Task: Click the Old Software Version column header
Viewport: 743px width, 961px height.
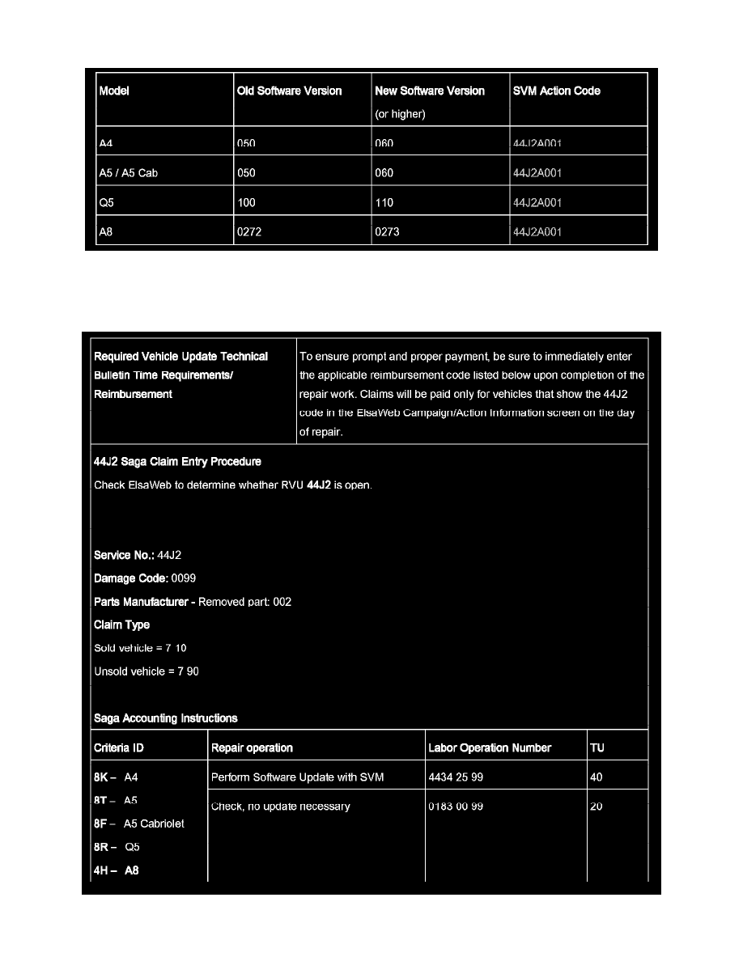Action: tap(289, 91)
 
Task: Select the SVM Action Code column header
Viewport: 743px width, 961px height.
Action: tap(556, 91)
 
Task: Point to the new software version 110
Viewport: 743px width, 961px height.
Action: tap(384, 203)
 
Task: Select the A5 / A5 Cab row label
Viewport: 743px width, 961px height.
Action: tap(128, 173)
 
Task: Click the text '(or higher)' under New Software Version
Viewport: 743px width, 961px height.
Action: tap(400, 114)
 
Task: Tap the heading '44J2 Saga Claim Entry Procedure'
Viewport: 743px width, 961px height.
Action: tap(177, 462)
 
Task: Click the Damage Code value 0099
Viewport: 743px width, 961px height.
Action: tap(184, 578)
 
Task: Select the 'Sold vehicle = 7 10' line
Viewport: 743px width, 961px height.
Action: tap(140, 648)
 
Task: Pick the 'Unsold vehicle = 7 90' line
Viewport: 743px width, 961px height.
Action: tap(146, 671)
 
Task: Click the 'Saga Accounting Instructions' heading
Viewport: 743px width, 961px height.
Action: tap(166, 718)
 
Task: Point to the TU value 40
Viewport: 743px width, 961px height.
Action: tap(597, 777)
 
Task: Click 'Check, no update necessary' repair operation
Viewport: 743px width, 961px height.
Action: tap(280, 806)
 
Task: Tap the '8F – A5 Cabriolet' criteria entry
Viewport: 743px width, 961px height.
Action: tap(139, 823)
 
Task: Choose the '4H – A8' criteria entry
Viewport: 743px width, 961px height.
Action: tap(117, 871)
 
